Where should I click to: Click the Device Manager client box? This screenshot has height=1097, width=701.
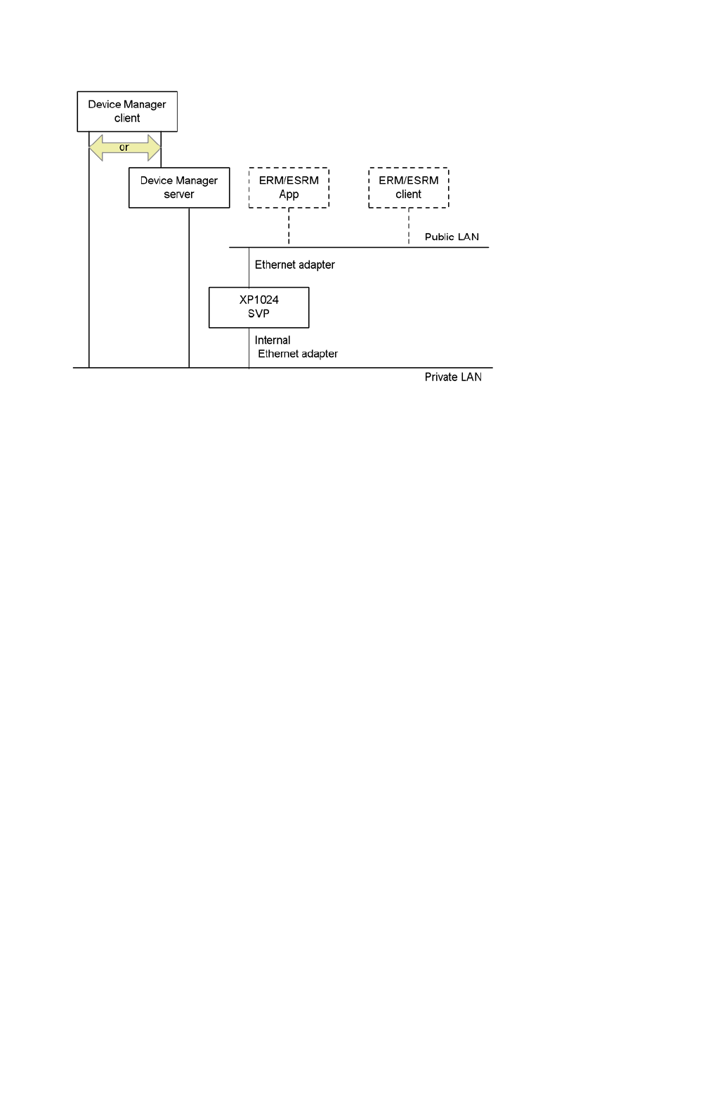(x=127, y=111)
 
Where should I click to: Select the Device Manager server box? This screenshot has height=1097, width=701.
(x=179, y=187)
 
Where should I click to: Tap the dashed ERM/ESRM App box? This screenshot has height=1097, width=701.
(x=289, y=187)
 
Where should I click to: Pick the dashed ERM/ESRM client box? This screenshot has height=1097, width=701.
(x=408, y=187)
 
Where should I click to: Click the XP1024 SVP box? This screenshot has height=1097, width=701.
(x=258, y=307)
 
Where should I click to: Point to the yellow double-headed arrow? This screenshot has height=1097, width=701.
(x=125, y=148)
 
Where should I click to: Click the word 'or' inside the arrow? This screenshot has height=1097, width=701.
(x=124, y=147)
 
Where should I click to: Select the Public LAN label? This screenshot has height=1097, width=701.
(x=452, y=237)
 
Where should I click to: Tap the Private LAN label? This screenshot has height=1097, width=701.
(x=453, y=377)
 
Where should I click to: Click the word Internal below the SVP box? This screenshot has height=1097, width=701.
(x=273, y=340)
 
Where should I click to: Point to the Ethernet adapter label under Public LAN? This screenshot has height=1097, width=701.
(x=294, y=265)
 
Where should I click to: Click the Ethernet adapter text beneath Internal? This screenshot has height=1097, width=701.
(x=298, y=354)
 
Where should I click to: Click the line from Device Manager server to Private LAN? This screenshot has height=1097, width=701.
(x=189, y=288)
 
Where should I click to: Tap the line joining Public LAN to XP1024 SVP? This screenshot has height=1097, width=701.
(x=249, y=267)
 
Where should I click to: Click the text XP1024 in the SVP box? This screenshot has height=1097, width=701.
(x=258, y=300)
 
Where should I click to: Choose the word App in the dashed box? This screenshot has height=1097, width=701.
(x=289, y=194)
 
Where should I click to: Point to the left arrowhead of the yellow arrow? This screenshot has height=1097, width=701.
(x=96, y=148)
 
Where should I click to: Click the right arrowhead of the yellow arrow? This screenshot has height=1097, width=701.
(x=155, y=148)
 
